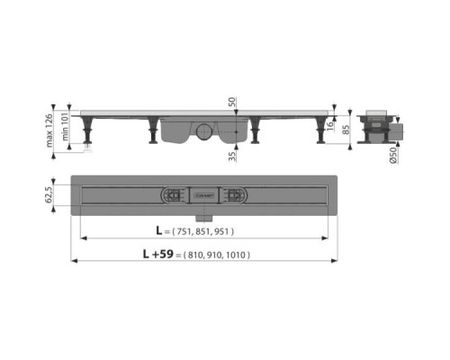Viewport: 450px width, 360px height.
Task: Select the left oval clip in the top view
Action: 172,193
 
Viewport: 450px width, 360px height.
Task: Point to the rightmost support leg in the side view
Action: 320,132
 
